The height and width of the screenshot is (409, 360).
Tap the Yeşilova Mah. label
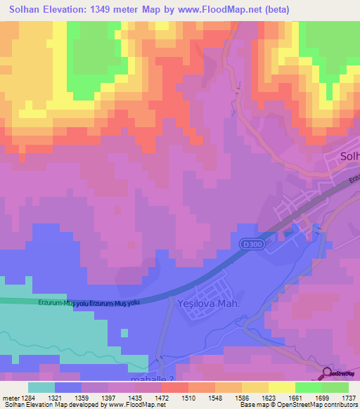pos(209,304)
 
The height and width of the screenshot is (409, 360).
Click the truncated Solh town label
pos(349,156)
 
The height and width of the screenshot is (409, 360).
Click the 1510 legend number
pos(188,397)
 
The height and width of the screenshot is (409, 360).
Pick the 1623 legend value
pos(269,397)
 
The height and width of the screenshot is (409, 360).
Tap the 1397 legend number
pos(109,397)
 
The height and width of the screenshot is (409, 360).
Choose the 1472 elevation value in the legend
pos(162,397)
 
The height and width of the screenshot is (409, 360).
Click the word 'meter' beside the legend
pos(10,397)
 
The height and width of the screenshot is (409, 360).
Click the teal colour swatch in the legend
pos(41,387)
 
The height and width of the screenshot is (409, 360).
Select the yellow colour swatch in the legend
pos(282,387)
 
